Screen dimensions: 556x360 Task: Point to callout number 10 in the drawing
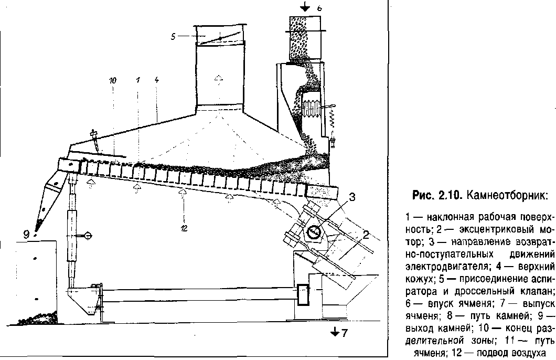[113, 81]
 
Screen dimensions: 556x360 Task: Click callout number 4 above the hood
[157, 81]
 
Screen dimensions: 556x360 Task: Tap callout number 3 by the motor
[353, 198]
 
